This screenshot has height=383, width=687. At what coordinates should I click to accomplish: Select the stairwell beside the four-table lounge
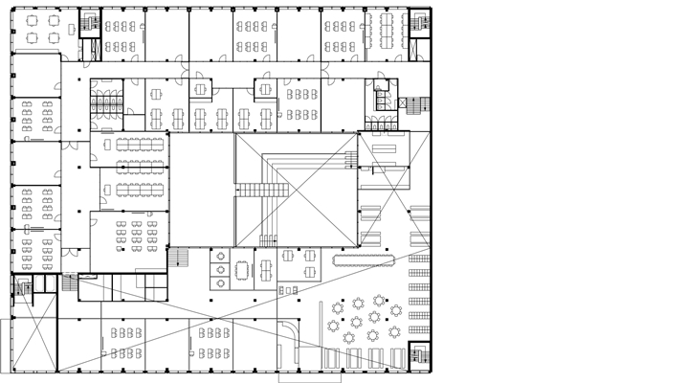(x=89, y=22)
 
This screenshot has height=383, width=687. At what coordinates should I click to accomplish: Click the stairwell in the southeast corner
(x=418, y=355)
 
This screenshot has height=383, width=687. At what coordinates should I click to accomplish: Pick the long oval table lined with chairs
(x=365, y=259)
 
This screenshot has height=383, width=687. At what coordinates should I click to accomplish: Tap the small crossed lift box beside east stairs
(x=391, y=97)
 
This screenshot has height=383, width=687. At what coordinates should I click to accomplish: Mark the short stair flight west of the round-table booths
(x=179, y=259)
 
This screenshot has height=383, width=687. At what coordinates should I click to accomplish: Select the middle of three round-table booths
(x=221, y=269)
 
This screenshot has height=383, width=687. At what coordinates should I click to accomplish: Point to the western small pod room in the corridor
(x=201, y=89)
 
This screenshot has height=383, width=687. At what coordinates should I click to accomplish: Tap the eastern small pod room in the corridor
(x=266, y=89)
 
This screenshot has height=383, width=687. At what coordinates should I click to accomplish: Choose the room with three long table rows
(x=140, y=168)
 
